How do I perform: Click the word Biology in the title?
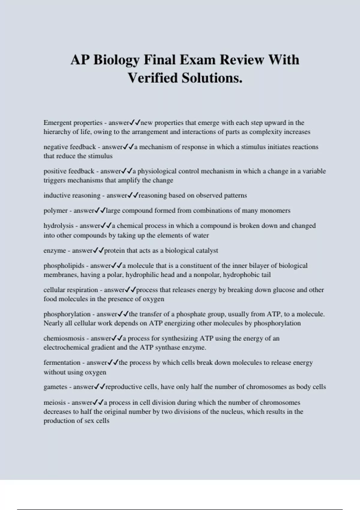point(116,60)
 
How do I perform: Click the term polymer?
point(55,211)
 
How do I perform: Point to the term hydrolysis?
point(58,226)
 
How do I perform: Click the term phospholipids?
point(64,265)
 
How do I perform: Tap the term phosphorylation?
point(67,314)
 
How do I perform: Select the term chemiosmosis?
point(64,338)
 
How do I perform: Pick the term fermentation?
point(62,362)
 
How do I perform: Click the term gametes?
point(55,387)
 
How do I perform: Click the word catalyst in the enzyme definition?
point(208,250)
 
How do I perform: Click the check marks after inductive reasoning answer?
point(133,195)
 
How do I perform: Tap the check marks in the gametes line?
point(100,387)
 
